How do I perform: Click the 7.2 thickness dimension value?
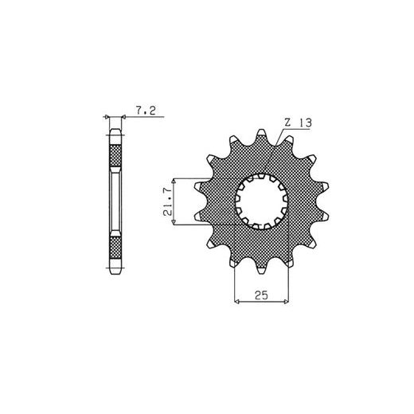(146, 110)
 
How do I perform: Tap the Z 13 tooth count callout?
(298, 123)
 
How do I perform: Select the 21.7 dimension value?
(168, 201)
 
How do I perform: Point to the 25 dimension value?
(261, 295)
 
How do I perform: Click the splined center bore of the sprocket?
(262, 201)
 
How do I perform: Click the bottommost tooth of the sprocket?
(261, 268)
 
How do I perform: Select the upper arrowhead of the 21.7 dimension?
(174, 181)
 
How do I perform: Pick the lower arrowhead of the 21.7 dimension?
(174, 222)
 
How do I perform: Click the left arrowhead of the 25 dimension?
(237, 302)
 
